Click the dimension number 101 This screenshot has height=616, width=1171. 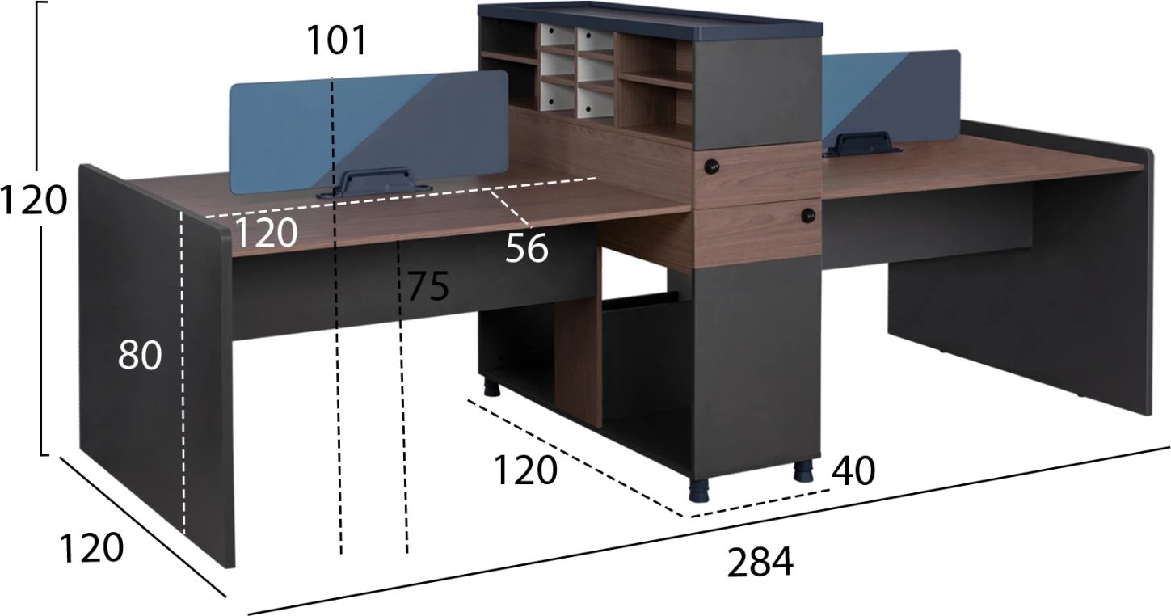[336, 40]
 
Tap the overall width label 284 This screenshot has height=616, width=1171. [760, 563]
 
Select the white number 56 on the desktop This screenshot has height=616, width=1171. [526, 248]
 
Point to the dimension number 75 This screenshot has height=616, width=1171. [428, 286]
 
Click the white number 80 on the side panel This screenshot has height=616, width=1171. [140, 355]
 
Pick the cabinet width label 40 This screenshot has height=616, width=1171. [853, 471]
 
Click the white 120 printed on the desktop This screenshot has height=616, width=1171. [267, 232]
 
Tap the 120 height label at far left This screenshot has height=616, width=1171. [33, 200]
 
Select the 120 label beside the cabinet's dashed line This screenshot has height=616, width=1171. [525, 470]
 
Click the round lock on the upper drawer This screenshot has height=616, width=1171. [711, 167]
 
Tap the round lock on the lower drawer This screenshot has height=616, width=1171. [809, 214]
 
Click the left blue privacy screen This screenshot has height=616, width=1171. [369, 133]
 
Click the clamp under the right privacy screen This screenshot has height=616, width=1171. [861, 144]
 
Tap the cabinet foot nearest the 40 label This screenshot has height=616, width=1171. [803, 470]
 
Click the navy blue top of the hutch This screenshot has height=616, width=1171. [651, 20]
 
